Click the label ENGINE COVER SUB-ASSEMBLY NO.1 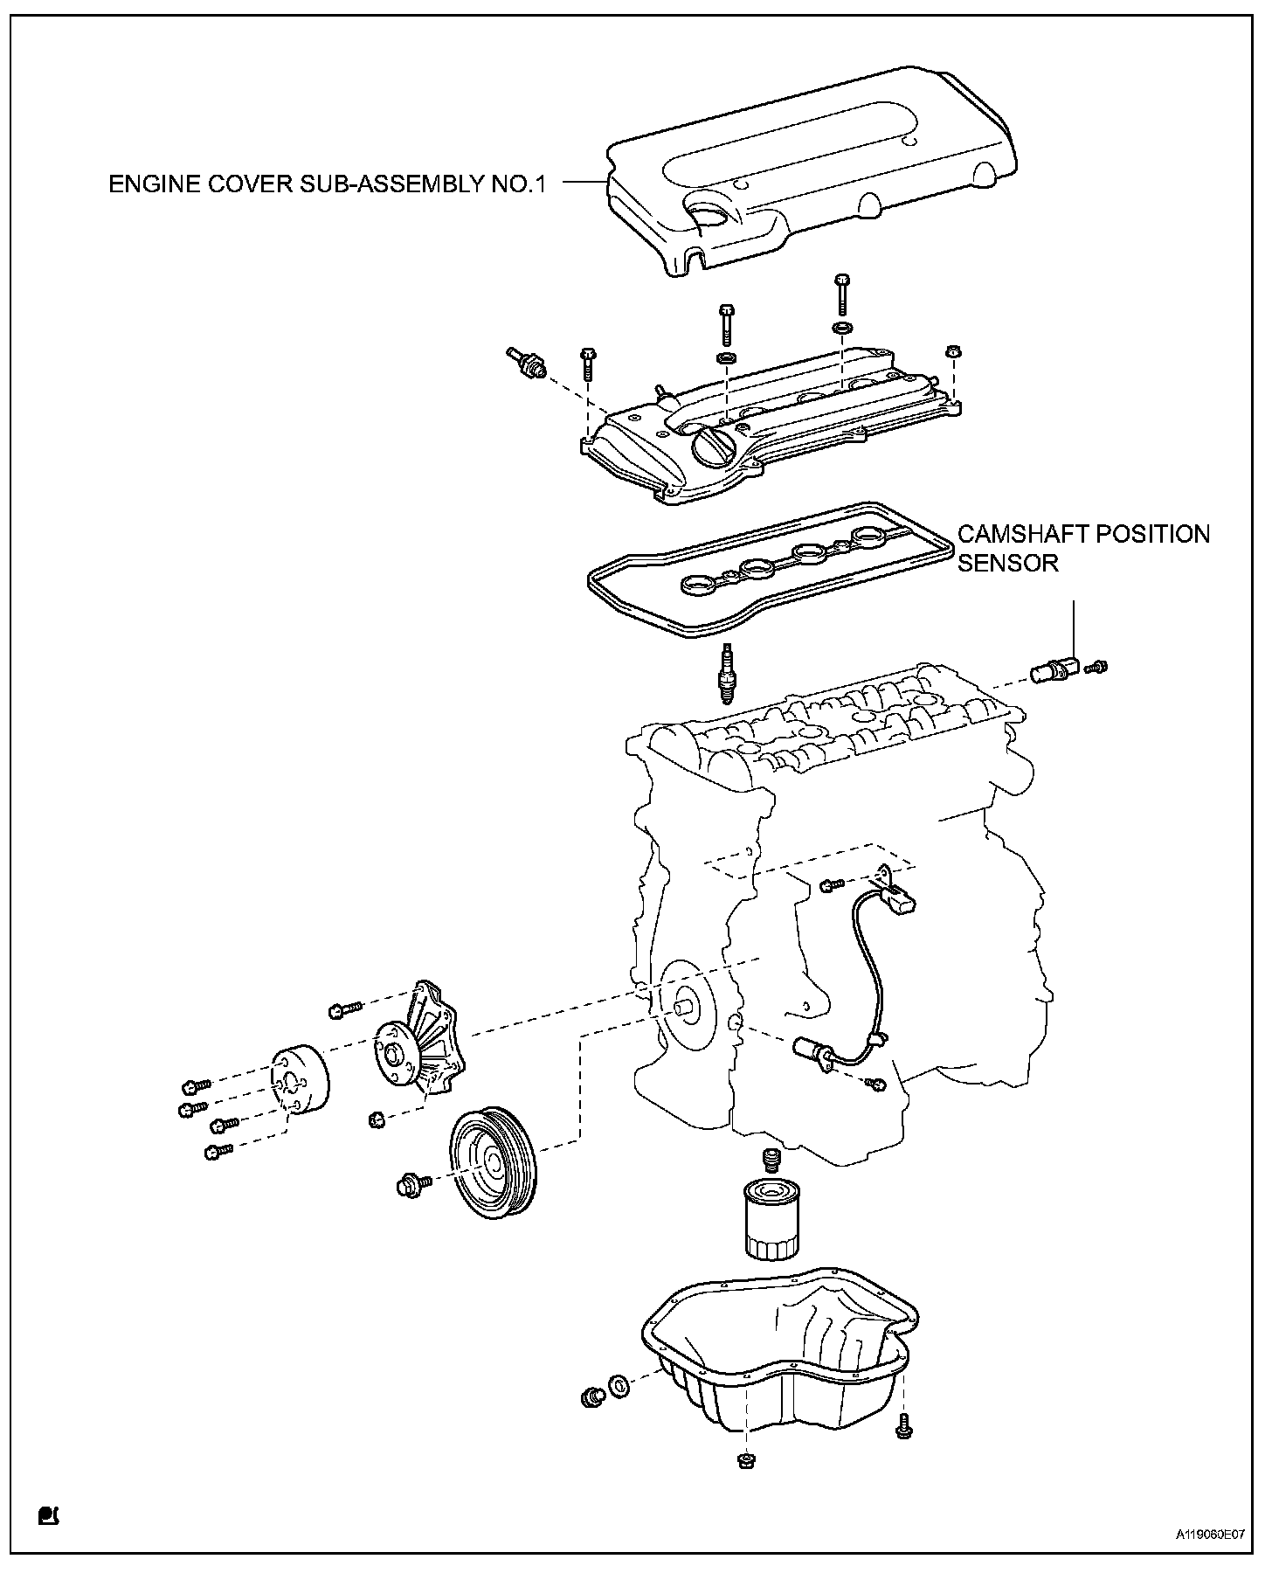(x=327, y=184)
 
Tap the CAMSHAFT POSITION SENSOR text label (x=1083, y=547)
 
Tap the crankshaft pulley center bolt (x=411, y=1185)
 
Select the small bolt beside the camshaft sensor (x=1096, y=668)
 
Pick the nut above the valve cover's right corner (x=953, y=353)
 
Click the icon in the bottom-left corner (x=47, y=1514)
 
